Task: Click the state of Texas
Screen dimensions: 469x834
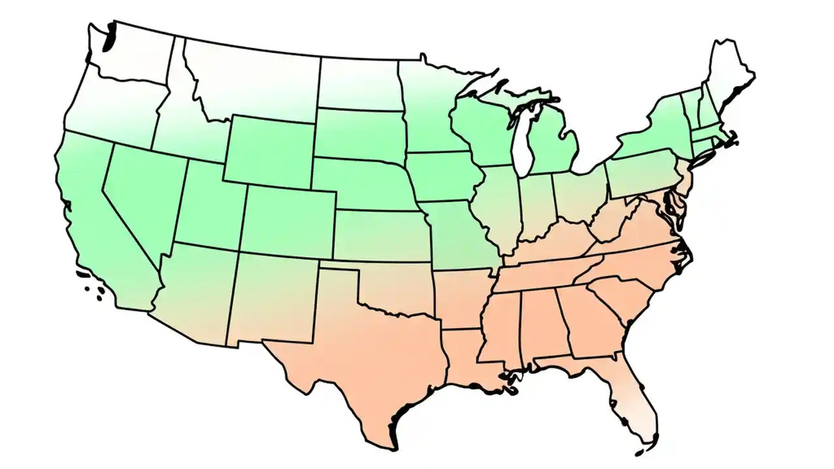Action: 365,352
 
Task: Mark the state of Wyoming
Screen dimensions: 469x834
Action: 270,150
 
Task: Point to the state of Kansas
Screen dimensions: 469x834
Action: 381,234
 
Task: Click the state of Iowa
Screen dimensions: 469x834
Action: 443,176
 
